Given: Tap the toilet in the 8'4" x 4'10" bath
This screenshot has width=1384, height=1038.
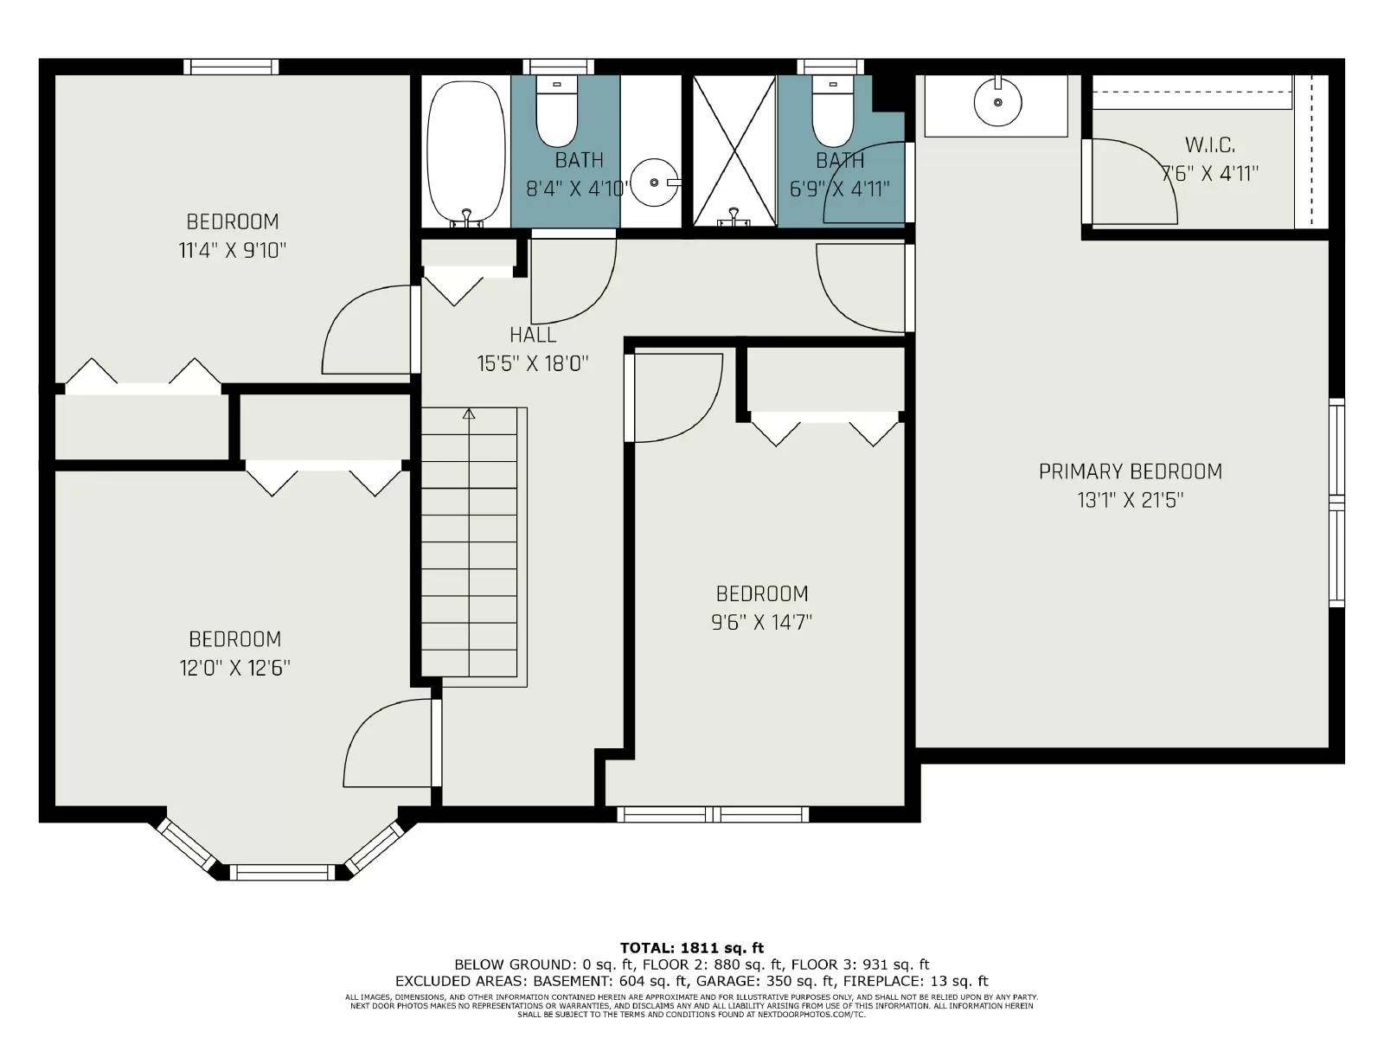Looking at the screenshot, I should (557, 112).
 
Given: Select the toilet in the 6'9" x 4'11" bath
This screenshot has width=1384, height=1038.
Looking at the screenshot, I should (833, 112).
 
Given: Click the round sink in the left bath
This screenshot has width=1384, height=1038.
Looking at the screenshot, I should (653, 183).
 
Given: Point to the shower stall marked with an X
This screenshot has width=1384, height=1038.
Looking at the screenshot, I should (734, 151).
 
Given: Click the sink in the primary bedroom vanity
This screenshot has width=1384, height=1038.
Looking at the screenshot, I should (997, 102).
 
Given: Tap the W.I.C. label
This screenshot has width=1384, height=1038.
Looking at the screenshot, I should (1209, 144).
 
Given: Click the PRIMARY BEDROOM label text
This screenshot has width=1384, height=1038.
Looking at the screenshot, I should (1130, 471).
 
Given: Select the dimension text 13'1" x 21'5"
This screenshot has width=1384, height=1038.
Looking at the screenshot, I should (1130, 500).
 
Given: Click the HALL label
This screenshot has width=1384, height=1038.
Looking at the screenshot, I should (533, 335).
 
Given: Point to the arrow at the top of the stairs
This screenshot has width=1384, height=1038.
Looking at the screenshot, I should (469, 414).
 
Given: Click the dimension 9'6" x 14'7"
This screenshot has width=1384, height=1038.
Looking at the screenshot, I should (762, 622).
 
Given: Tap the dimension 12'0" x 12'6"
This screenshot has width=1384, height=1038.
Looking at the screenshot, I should (235, 668).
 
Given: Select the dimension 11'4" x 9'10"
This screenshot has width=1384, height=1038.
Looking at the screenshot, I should (232, 251).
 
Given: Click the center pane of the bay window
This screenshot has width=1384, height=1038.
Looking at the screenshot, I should (282, 872).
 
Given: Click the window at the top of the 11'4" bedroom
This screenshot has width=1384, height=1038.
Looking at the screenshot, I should (231, 67).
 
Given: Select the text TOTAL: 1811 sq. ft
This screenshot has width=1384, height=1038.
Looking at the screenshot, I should (692, 948).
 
